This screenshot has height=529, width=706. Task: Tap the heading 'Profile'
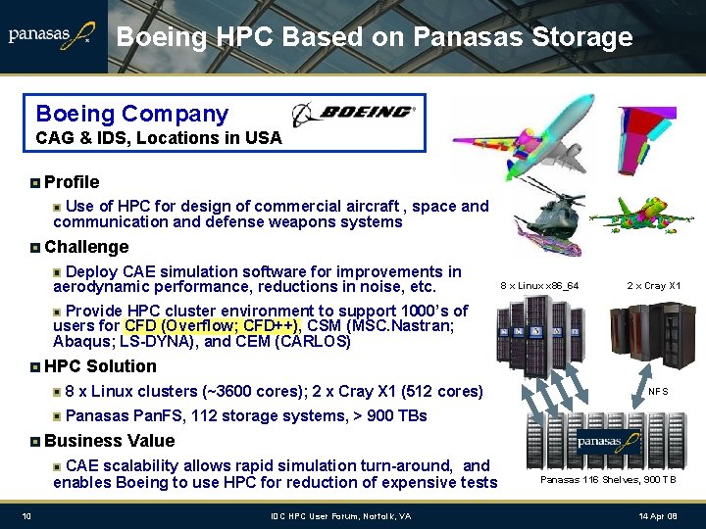pos(72,182)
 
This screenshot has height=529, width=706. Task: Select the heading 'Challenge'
pos(86,248)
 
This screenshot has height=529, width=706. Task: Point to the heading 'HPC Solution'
pos(100,366)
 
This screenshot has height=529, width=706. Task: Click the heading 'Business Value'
pos(109,441)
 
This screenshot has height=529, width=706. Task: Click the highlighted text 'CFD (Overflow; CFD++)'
pos(212,326)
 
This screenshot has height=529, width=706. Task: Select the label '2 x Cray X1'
pos(654,286)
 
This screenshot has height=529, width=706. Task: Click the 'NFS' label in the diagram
pos(658,391)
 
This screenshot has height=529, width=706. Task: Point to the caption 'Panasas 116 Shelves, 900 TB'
pos(608,480)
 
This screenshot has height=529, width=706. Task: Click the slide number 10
pos(27,516)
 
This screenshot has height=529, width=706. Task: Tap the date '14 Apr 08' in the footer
pos(656,516)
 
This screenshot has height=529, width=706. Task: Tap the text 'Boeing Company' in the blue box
pos(131,115)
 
